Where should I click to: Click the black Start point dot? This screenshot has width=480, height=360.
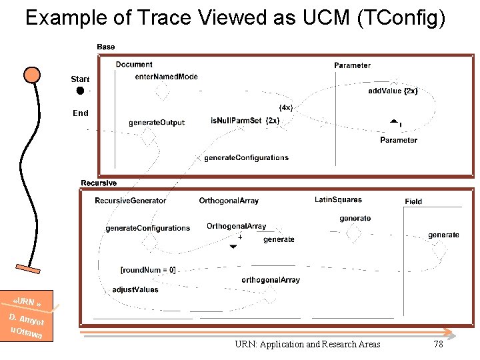click(x=80, y=91)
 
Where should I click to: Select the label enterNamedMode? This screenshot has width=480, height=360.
click(x=166, y=77)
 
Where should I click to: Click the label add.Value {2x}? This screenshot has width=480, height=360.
click(x=393, y=91)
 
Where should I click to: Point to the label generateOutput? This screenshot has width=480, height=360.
click(x=157, y=123)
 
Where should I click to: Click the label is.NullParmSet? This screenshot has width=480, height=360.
click(x=236, y=121)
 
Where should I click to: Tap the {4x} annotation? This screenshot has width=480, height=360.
click(x=285, y=108)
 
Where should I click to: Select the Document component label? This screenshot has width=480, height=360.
click(x=134, y=65)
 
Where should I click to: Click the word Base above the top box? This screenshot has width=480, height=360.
click(x=105, y=47)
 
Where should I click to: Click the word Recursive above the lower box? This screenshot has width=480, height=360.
click(x=99, y=183)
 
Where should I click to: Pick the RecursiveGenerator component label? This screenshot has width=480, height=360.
click(x=131, y=201)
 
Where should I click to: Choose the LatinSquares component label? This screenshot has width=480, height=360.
click(x=338, y=200)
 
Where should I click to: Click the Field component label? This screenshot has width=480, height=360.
click(x=413, y=201)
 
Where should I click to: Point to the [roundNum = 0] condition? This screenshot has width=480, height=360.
click(x=148, y=270)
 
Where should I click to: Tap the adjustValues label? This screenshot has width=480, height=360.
click(x=135, y=290)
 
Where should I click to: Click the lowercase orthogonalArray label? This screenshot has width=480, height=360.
click(x=271, y=280)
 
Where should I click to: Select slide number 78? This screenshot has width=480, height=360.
click(x=438, y=344)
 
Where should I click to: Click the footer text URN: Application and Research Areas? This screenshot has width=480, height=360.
click(x=307, y=344)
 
